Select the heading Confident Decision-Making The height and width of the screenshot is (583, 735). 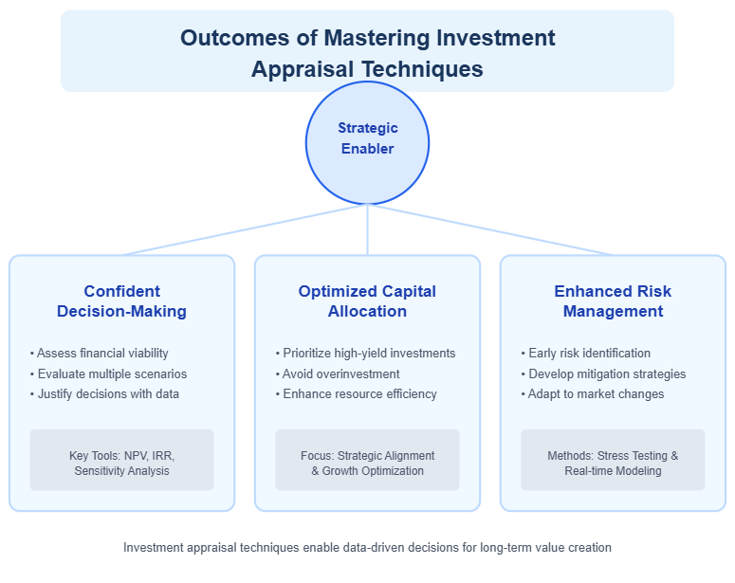pos(121,301)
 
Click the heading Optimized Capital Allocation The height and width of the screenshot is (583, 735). pos(367,301)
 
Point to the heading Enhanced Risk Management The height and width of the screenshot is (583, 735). pos(613,301)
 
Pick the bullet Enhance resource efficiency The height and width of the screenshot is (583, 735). pos(356,393)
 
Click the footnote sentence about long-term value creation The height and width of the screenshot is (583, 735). pos(367,547)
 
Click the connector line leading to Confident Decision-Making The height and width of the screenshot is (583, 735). pos(244,229)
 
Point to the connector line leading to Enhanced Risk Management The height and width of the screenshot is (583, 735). pos(490,229)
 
